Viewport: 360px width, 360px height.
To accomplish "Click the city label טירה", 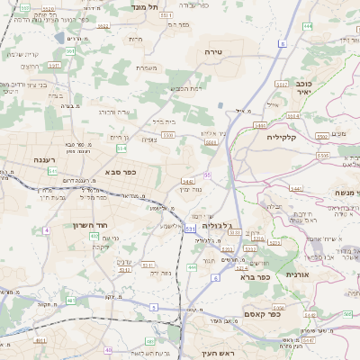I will click(x=213, y=53).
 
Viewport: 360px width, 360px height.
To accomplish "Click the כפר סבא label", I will click(x=120, y=171).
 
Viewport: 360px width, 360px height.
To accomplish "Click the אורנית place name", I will click(x=297, y=274).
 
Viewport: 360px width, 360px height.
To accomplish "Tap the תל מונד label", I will click(x=145, y=6).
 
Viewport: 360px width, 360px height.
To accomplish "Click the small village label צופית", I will click(x=149, y=139).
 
